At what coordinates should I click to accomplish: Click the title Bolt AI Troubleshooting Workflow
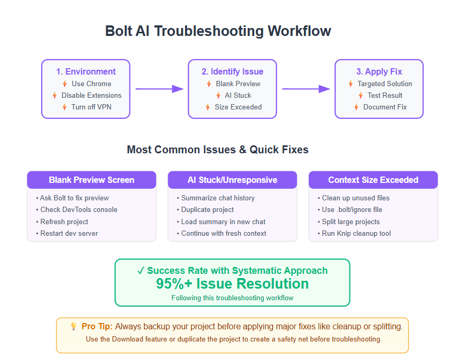click(218, 31)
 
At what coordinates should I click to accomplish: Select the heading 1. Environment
click(86, 71)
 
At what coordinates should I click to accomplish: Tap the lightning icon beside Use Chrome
click(65, 84)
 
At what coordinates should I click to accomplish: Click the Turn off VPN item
click(91, 107)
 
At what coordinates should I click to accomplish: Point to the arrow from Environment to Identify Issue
click(160, 89)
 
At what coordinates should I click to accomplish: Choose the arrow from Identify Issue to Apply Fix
click(306, 89)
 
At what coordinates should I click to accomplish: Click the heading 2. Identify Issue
click(233, 71)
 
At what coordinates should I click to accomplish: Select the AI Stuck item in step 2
click(238, 96)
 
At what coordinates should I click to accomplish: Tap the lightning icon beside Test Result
click(361, 96)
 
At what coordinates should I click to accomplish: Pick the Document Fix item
click(385, 107)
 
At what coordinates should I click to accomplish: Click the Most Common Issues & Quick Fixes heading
click(218, 150)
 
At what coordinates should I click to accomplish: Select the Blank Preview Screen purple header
click(91, 180)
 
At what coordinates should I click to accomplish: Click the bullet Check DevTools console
click(79, 210)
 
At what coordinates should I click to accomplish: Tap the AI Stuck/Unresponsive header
click(233, 180)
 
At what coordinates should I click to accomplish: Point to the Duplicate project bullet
click(207, 210)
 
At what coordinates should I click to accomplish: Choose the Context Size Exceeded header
click(373, 180)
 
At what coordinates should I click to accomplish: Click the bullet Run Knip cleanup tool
click(356, 234)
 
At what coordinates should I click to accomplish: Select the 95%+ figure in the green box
click(174, 284)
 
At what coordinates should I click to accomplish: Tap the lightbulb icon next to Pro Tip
click(73, 326)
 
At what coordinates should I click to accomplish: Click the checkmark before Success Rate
click(141, 271)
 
